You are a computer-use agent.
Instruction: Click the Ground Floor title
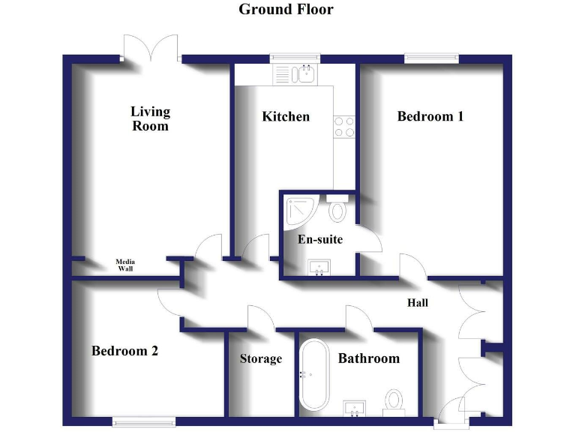[x=286, y=10]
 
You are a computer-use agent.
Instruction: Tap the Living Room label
[x=151, y=118]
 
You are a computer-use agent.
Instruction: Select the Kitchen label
[x=286, y=117]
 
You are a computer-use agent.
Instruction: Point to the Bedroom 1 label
[x=430, y=116]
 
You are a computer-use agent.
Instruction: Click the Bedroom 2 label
[x=124, y=350]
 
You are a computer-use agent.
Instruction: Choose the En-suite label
[x=320, y=239]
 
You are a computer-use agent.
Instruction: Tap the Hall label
[x=418, y=302]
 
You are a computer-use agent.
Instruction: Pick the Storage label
[x=261, y=358]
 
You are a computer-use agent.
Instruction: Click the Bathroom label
[x=369, y=358]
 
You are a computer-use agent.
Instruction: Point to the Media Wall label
[x=126, y=265]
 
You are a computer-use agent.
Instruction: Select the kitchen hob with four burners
[x=344, y=127]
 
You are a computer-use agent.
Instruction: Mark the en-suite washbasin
[x=320, y=267]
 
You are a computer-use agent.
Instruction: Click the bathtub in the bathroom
[x=313, y=375]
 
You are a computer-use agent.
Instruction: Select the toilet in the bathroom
[x=394, y=400]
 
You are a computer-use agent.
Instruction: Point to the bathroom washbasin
[x=355, y=407]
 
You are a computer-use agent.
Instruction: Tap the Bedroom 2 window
[x=144, y=421]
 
